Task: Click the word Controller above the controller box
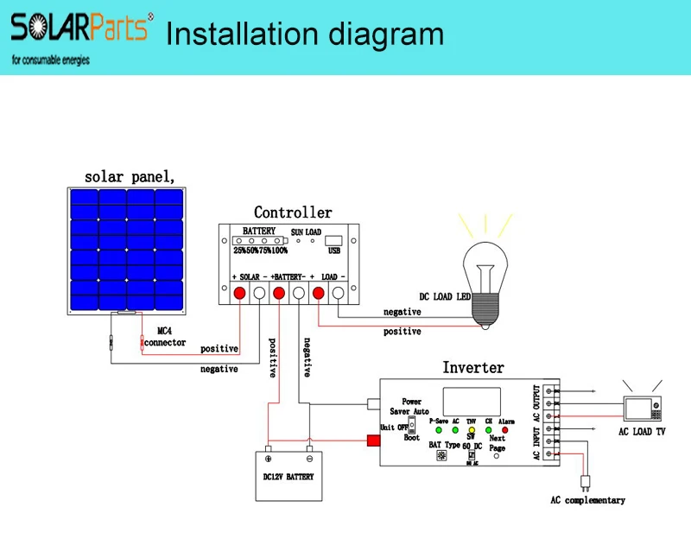[x=293, y=212]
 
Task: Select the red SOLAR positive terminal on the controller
[x=238, y=295]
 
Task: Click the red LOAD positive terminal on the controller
[x=319, y=295]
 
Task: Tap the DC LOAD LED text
[x=447, y=296]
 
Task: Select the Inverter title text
[x=472, y=368]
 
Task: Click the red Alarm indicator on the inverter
[x=505, y=429]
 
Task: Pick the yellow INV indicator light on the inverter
[x=472, y=429]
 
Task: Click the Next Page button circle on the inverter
[x=497, y=456]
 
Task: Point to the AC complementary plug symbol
[x=586, y=480]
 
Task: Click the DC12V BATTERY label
[x=288, y=477]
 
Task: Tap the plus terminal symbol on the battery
[x=268, y=459]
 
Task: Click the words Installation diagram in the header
[x=304, y=35]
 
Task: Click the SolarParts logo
[x=79, y=30]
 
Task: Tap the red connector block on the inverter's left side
[x=374, y=442]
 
